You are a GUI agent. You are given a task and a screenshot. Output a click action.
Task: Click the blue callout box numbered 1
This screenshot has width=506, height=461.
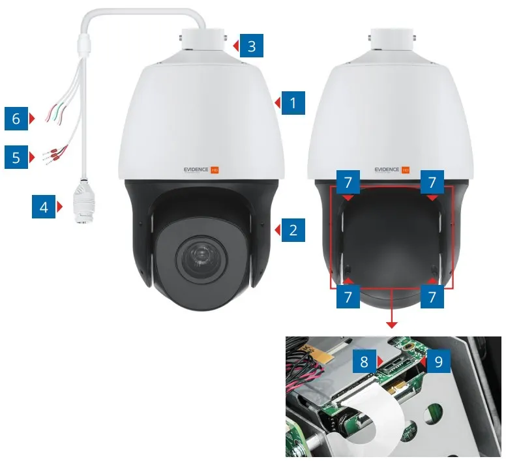[293, 103]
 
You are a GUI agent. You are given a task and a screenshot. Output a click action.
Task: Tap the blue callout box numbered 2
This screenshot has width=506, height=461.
[293, 230]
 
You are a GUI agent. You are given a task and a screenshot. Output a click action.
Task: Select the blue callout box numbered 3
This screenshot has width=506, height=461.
[252, 46]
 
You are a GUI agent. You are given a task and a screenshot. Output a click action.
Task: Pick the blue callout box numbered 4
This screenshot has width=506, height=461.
[44, 207]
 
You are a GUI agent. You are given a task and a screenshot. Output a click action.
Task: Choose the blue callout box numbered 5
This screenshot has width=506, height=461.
[16, 157]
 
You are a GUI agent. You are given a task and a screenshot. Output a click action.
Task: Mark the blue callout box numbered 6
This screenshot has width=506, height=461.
[16, 119]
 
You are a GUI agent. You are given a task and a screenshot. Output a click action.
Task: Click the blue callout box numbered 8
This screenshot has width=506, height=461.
[365, 361]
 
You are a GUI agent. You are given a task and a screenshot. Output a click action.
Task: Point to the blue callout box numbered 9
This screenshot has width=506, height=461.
[439, 361]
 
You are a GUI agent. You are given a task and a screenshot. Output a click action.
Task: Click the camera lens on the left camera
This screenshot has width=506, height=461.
[201, 260]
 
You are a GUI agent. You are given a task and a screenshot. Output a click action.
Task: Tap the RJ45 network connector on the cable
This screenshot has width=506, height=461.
[82, 201]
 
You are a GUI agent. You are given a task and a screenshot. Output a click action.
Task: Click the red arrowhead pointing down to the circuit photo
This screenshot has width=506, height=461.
[391, 325]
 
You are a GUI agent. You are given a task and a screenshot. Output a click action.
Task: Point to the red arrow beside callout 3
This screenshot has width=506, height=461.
[236, 46]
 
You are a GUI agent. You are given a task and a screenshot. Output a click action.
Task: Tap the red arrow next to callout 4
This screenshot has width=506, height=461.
[59, 207]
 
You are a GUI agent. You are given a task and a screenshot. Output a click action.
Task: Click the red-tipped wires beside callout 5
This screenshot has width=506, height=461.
[55, 154]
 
